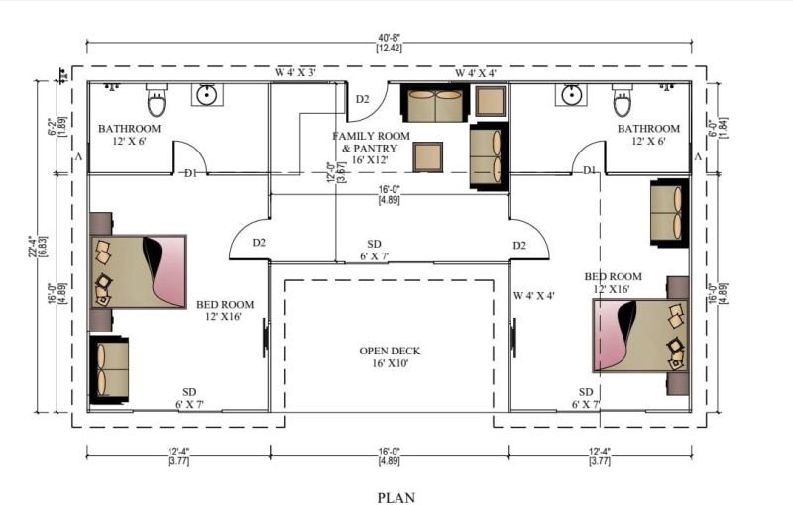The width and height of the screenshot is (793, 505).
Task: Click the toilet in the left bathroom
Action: point(157,100)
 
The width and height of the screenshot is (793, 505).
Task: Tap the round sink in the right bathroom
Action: point(572,94)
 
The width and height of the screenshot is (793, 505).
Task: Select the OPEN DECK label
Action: point(390,357)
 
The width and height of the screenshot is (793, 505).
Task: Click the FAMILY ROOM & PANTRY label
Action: point(371,148)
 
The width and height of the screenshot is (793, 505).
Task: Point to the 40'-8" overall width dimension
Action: point(389,37)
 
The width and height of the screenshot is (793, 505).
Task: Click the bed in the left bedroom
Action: point(139,271)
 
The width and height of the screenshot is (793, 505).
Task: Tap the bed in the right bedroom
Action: point(640,336)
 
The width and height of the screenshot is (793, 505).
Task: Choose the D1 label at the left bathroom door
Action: point(190,173)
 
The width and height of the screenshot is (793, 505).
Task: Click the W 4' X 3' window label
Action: point(295,72)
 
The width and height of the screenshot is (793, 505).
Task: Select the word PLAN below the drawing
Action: point(396,498)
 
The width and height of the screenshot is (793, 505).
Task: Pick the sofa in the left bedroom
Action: point(109,369)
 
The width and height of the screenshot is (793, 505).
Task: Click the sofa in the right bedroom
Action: point(670,213)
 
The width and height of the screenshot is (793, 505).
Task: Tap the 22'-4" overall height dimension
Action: point(33,247)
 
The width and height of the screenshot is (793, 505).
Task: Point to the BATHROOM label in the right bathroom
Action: point(648,129)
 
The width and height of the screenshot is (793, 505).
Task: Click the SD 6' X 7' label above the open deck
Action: point(375,250)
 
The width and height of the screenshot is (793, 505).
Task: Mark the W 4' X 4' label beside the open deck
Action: point(534,295)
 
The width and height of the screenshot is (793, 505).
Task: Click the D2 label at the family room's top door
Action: point(362,99)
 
